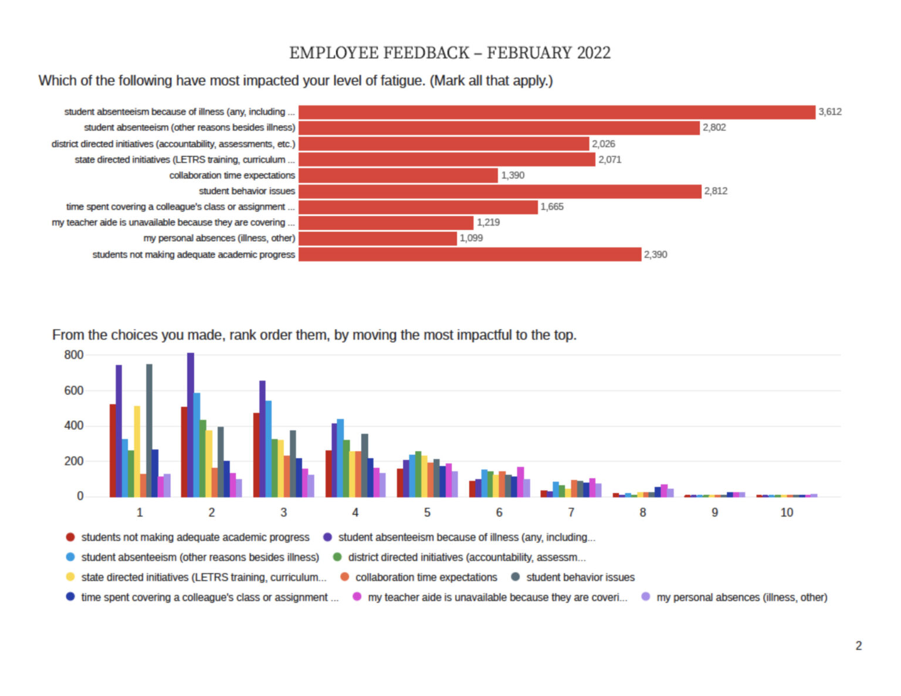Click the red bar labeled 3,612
pos(557,113)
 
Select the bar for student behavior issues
pos(500,192)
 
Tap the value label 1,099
pos(471,238)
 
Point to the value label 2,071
pos(609,160)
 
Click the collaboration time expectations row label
pos(232,175)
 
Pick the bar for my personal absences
pos(377,238)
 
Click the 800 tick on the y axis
pos(73,355)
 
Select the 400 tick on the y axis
pos(73,425)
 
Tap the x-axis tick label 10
pos(787,513)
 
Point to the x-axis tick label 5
pos(427,513)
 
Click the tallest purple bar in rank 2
pos(191,425)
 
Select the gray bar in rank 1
pos(149,431)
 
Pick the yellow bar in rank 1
pos(137,451)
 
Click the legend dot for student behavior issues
pos(516,577)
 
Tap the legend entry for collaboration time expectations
pos(419,577)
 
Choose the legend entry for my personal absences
pos(734,597)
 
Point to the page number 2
pos(858,646)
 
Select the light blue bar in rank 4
pos(340,458)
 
